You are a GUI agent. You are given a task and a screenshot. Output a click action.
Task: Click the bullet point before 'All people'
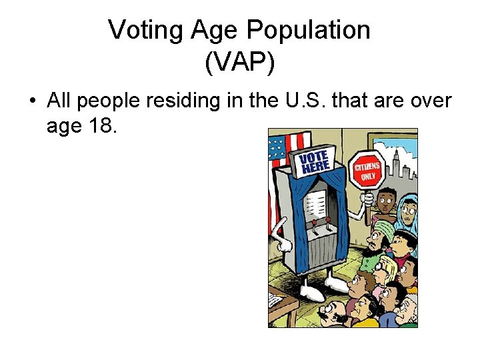point(32,102)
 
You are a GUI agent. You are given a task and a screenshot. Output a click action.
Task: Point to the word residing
point(183,102)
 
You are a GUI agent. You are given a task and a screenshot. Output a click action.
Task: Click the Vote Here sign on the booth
point(315,162)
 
